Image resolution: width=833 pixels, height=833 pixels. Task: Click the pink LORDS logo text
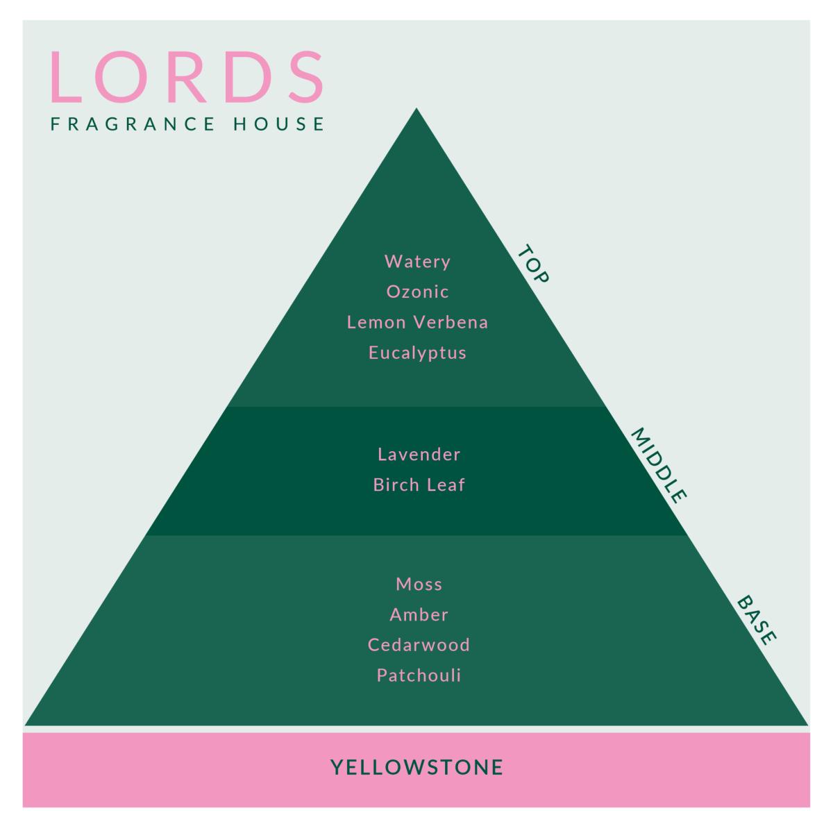click(187, 77)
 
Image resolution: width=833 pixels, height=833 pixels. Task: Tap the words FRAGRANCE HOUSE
click(187, 124)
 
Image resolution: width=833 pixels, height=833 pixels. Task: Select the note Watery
click(417, 262)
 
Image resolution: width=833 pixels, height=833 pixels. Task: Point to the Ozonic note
click(417, 292)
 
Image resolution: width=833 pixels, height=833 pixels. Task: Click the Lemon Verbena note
click(417, 323)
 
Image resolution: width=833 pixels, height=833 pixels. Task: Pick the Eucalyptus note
click(417, 353)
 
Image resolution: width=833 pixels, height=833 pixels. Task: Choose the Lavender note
click(419, 454)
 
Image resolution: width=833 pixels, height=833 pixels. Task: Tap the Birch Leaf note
click(419, 485)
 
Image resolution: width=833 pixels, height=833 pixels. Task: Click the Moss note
click(419, 584)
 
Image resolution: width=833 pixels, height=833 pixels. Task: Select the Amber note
click(419, 615)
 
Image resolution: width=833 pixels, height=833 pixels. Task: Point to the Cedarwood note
click(419, 645)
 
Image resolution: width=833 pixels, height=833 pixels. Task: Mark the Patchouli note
click(419, 675)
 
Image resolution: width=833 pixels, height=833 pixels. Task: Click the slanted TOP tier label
click(533, 264)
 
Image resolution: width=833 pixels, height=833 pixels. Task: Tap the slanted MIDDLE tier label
click(658, 466)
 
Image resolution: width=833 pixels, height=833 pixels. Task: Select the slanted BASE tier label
click(756, 621)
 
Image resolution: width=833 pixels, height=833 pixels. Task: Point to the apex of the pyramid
click(416, 108)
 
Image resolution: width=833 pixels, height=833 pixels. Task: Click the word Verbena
click(451, 323)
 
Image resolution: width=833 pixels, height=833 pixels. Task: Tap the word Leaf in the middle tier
click(446, 485)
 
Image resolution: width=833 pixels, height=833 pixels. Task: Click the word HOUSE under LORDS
click(278, 124)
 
